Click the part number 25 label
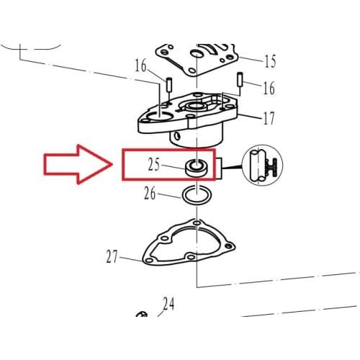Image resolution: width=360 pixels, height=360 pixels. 154,164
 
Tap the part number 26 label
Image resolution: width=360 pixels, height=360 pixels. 150,193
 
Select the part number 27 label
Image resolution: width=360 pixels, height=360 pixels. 112,256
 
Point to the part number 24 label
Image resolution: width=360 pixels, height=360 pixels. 168,304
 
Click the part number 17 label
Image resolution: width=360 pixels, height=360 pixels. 269,118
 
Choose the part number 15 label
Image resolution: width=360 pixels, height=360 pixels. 271,60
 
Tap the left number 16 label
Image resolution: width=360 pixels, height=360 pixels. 140,66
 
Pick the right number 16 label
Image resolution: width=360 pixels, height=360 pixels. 269,88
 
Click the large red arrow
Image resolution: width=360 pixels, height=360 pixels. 78,164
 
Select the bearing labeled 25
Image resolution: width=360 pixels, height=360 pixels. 197,168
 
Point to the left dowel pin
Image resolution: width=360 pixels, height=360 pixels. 168,84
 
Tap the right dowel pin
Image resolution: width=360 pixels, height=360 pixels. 240,79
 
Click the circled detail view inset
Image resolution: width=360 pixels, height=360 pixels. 262,165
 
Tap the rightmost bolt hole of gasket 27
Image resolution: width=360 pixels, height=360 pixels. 230,246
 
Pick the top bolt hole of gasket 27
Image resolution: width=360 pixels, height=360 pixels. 197,223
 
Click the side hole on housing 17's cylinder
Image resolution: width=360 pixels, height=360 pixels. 177,137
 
